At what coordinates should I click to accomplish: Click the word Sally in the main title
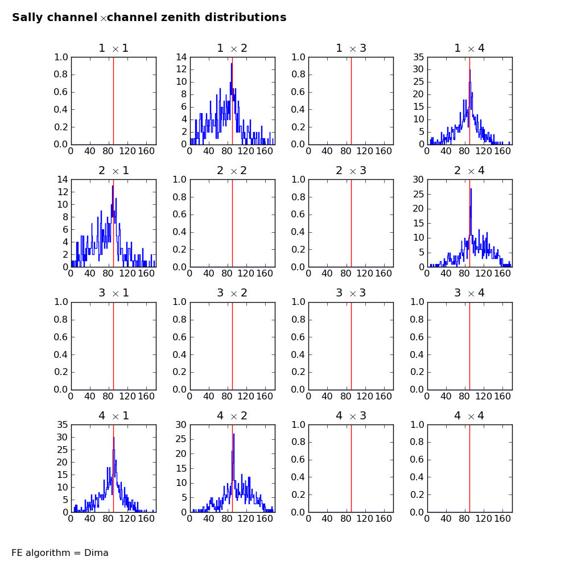[x=27, y=18]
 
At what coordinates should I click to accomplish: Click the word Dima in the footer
[x=96, y=553]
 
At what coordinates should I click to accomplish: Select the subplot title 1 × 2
[x=232, y=48]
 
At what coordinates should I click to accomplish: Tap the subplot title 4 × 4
[x=469, y=416]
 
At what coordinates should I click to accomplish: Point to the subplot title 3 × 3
[x=351, y=293]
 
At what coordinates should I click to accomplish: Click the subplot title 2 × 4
[x=469, y=171]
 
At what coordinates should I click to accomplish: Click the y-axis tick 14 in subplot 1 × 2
[x=180, y=57]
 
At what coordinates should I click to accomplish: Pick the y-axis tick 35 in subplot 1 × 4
[x=418, y=57]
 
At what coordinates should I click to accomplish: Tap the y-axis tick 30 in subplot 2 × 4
[x=418, y=179]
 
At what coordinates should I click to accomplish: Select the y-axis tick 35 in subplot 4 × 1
[x=61, y=424]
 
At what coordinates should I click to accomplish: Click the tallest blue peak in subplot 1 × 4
[x=469, y=70]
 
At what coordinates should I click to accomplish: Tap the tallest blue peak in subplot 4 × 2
[x=233, y=435]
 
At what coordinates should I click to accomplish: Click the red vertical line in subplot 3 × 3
[x=351, y=345]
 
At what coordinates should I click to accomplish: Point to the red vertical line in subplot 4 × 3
[x=351, y=468]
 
